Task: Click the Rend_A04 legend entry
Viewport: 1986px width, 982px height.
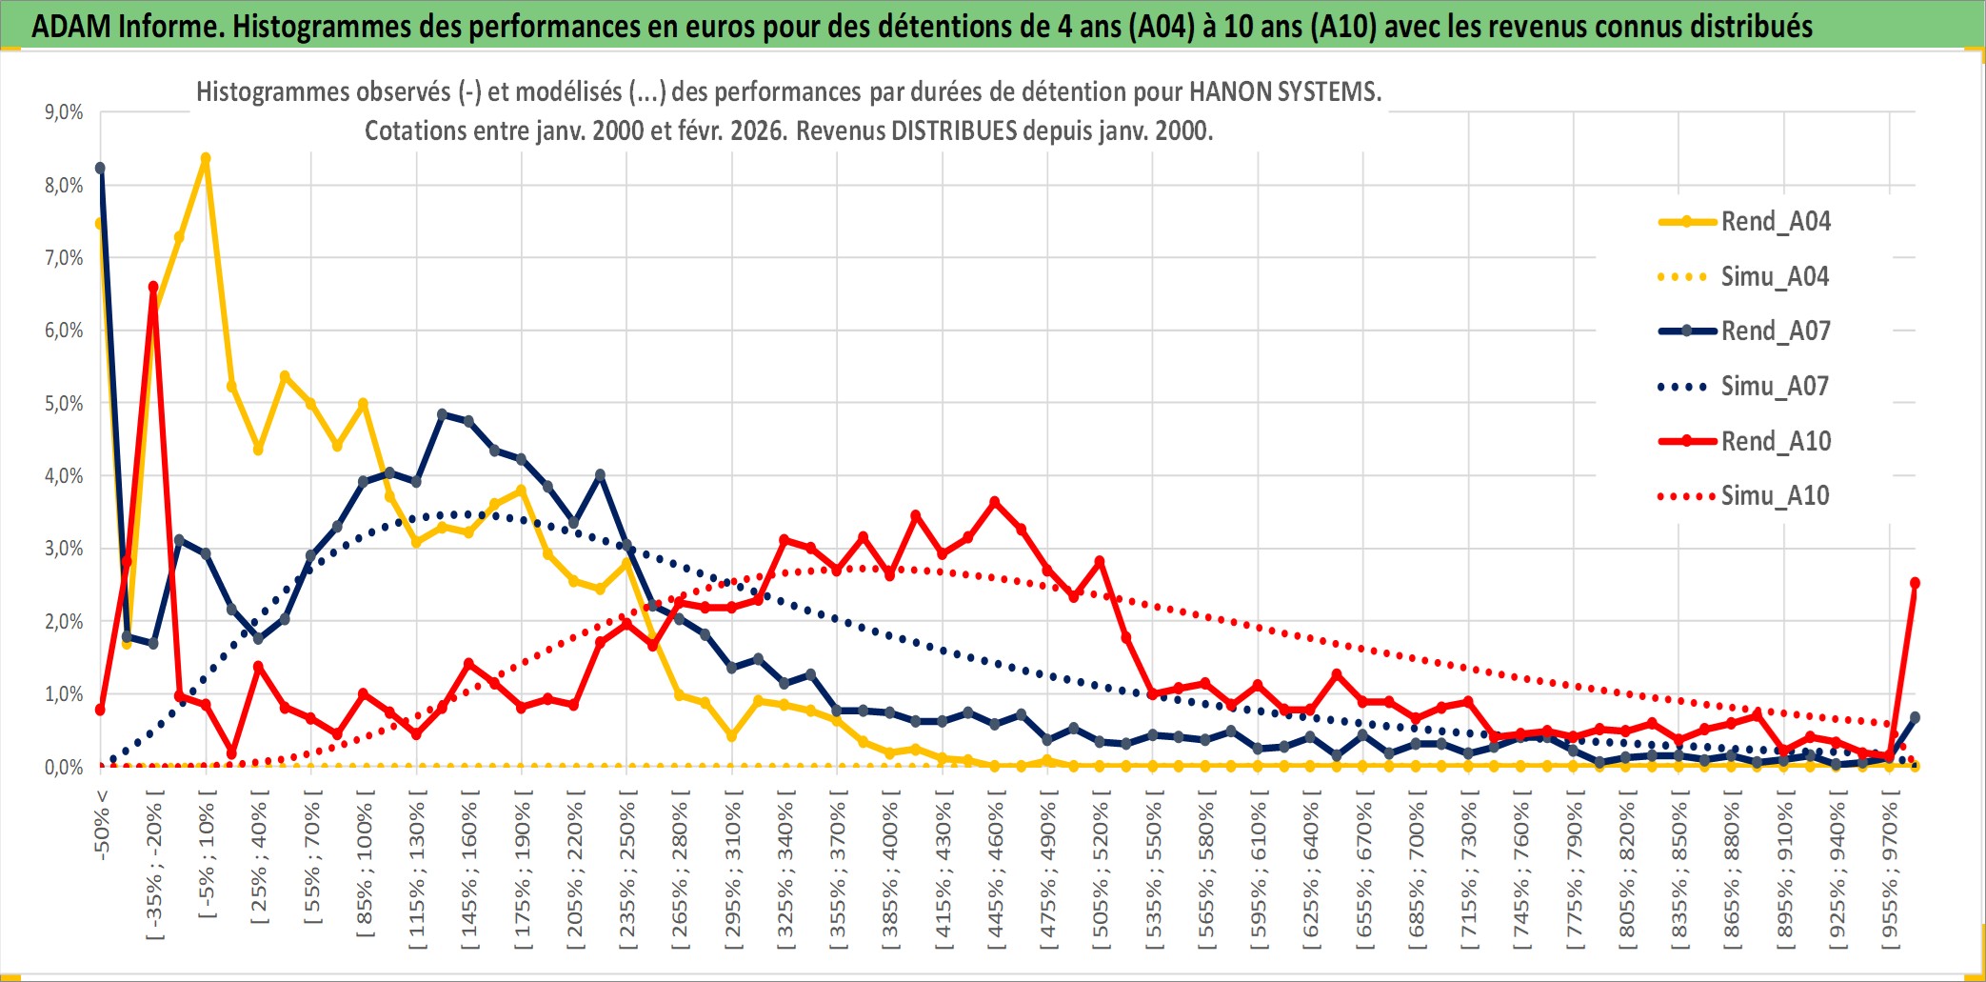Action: coord(1775,222)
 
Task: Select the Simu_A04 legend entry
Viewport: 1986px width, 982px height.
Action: coord(1775,277)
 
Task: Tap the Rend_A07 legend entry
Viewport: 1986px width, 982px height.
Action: coord(1775,331)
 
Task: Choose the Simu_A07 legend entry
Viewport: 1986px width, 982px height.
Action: coord(1775,387)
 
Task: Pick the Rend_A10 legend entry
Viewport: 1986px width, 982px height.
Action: coord(1775,441)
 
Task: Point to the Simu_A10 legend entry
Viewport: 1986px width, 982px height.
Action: coord(1775,496)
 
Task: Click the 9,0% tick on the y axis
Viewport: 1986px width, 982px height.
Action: coord(64,112)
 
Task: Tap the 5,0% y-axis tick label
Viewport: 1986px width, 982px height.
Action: coord(64,404)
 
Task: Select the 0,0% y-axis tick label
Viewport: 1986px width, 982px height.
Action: coord(64,768)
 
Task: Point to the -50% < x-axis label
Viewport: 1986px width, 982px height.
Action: coord(102,825)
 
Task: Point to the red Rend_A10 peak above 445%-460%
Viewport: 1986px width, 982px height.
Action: coord(995,502)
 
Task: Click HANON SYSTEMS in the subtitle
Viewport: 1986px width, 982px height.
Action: coord(1284,92)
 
